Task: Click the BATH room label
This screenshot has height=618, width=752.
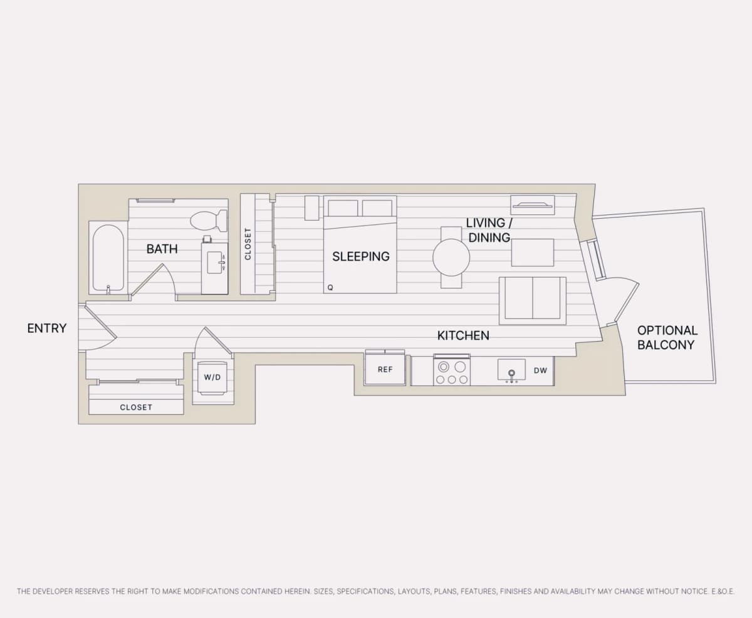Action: tap(162, 249)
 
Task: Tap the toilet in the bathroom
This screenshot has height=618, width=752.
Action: tap(209, 221)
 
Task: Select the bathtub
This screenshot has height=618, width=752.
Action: tap(108, 258)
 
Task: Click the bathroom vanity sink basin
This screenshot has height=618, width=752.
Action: tap(215, 263)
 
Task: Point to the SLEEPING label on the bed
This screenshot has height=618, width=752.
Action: tap(361, 256)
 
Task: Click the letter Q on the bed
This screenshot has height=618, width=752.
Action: tap(330, 288)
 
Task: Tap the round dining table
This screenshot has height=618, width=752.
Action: tap(451, 257)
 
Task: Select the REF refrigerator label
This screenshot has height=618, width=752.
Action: tap(385, 369)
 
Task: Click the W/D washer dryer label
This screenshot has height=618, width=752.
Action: tap(212, 377)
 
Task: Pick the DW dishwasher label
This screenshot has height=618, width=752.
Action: tap(541, 370)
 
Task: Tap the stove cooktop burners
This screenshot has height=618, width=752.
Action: tap(452, 373)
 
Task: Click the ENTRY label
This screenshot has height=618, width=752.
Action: tap(47, 328)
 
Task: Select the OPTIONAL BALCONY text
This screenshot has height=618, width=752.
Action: tap(667, 337)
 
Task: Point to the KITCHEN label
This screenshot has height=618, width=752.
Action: tap(463, 335)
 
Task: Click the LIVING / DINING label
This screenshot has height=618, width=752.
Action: tap(489, 230)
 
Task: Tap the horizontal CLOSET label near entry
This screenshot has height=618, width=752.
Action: tap(136, 407)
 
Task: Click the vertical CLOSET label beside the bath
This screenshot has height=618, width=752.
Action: tap(248, 244)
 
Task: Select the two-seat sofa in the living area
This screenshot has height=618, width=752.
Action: tap(533, 301)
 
